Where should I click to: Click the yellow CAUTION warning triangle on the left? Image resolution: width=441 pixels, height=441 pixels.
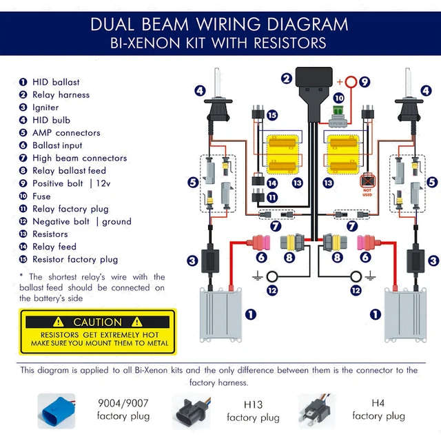point(59,322)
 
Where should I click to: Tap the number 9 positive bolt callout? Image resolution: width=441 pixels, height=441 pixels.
point(365,81)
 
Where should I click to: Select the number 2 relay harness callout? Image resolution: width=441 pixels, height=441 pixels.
point(285,78)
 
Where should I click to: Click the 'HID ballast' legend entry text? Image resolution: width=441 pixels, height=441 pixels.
point(56,82)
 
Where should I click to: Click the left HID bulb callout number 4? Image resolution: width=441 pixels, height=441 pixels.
point(200,90)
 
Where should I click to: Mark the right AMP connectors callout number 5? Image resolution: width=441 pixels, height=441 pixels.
point(432,183)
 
